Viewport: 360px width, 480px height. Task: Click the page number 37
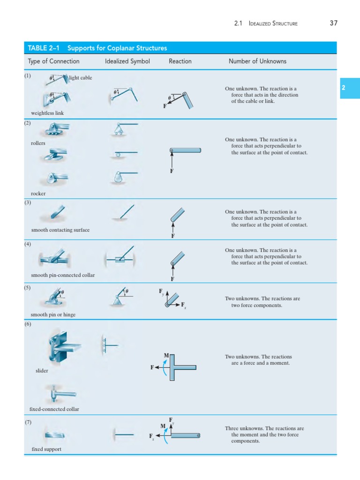coord(333,23)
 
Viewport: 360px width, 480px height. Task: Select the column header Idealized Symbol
coord(127,61)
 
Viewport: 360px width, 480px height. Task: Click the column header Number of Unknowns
coord(257,61)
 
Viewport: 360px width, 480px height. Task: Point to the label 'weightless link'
coord(47,113)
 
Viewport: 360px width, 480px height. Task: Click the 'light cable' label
coord(81,78)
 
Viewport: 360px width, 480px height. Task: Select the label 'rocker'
coord(38,193)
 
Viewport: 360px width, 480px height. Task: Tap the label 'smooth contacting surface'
coord(60,230)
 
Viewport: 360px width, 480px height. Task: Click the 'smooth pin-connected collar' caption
coord(63,275)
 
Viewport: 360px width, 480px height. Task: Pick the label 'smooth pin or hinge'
coord(53,315)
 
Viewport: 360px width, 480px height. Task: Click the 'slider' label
coord(42,371)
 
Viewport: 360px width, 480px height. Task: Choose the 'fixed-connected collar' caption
coord(54,409)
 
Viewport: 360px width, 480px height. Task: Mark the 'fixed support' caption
coord(46,449)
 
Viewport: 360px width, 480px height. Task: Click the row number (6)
coord(28,324)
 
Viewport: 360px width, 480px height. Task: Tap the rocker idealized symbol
coord(120,176)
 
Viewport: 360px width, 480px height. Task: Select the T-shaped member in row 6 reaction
coord(180,367)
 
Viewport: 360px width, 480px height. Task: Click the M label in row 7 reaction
coord(163,426)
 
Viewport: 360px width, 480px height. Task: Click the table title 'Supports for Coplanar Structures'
coord(117,48)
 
